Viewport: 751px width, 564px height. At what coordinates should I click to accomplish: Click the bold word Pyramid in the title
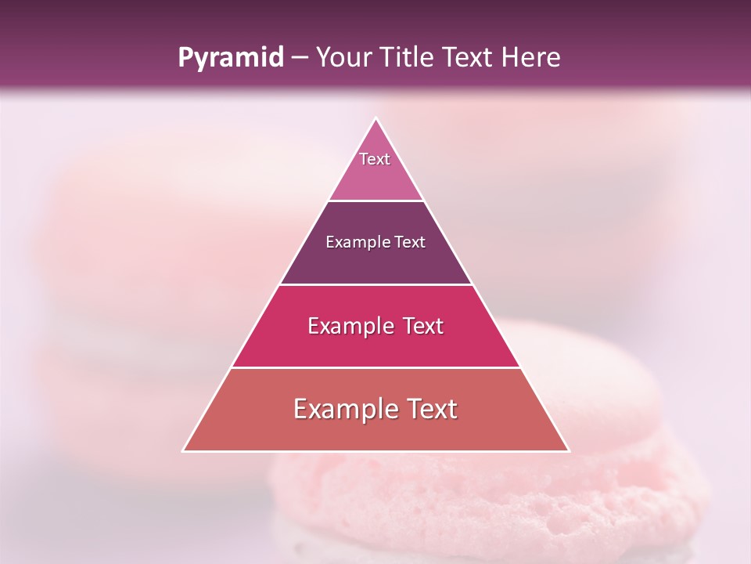[x=230, y=58]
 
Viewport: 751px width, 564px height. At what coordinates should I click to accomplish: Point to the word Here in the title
[x=532, y=57]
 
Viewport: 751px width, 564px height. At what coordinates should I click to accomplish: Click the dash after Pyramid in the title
[x=300, y=58]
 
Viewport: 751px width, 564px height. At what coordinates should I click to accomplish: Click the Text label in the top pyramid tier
[x=375, y=159]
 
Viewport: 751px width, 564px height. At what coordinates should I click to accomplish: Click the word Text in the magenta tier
[x=423, y=326]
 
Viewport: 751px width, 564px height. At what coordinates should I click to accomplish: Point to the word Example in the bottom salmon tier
[x=344, y=409]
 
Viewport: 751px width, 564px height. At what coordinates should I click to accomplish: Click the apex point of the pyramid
[x=375, y=118]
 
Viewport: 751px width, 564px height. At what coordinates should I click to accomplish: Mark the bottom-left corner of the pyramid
[x=183, y=451]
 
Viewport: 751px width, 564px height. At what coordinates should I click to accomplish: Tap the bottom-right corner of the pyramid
[x=568, y=451]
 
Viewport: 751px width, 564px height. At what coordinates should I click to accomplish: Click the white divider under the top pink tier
[x=375, y=201]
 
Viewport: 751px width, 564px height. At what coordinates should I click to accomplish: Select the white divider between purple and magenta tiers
[x=375, y=284]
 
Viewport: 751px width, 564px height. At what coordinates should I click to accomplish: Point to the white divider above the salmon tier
[x=375, y=367]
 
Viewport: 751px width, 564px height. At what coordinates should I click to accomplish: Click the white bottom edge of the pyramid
[x=375, y=451]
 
